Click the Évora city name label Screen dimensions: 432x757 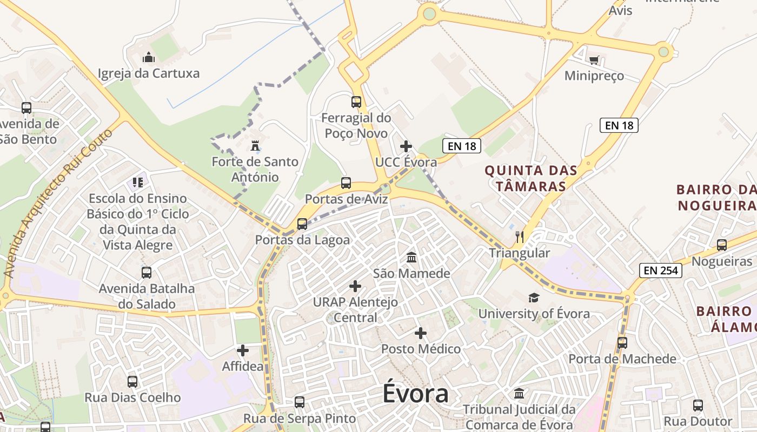[415, 393]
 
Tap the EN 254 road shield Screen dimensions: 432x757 [660, 270]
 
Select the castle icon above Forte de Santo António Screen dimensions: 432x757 [255, 146]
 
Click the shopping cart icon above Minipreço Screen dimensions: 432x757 [594, 60]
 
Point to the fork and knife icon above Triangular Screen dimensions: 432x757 [520, 237]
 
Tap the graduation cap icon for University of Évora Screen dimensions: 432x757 [534, 298]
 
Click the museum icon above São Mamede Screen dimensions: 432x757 [411, 257]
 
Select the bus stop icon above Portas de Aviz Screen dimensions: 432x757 [346, 183]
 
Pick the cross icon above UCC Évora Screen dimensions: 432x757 [406, 146]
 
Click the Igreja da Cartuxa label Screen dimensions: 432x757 [149, 73]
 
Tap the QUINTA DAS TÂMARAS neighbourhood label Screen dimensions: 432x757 [530, 178]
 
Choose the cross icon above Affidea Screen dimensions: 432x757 [243, 350]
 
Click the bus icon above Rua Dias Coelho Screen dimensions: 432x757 [132, 382]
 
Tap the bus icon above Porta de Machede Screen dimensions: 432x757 [622, 342]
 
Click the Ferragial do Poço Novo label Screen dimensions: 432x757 [356, 125]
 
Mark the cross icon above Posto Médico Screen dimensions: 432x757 [421, 333]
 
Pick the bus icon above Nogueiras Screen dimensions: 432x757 [722, 245]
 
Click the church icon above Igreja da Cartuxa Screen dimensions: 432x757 [149, 57]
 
